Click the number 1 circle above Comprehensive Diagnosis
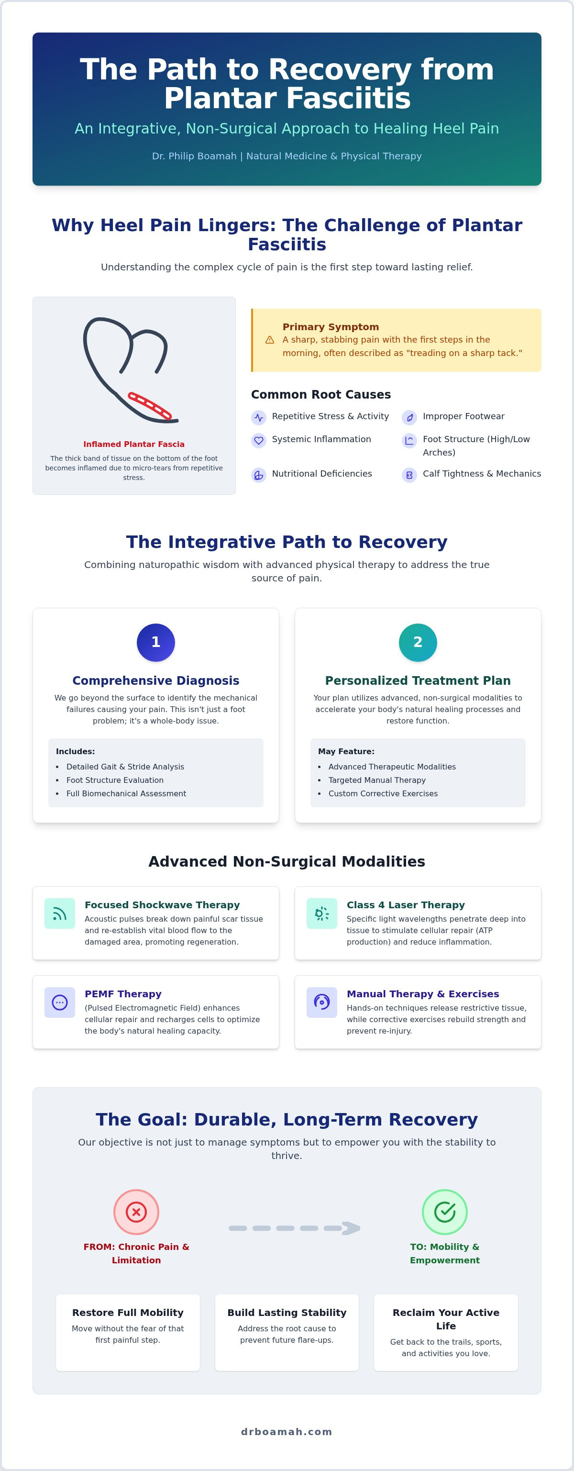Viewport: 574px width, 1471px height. [156, 642]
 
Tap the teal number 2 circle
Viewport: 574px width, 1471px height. [418, 642]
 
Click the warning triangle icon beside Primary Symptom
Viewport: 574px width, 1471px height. [270, 340]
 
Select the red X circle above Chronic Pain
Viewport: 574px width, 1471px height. [136, 1212]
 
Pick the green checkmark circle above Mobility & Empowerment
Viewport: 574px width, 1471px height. [444, 1212]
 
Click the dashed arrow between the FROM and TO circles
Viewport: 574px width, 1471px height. [295, 1228]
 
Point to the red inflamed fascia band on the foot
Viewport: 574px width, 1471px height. [150, 405]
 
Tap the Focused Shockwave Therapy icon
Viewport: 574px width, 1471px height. [60, 913]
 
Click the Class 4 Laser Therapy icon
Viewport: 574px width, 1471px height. [322, 913]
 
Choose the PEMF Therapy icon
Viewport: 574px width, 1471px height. [60, 1002]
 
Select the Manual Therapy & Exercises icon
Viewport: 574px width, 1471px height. [322, 1002]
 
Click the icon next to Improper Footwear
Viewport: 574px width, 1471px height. [409, 417]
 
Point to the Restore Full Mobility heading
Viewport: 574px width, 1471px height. [128, 1312]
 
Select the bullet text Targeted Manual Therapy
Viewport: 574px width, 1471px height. [377, 780]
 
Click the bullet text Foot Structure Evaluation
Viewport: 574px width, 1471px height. [115, 780]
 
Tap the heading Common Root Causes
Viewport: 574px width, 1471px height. [320, 395]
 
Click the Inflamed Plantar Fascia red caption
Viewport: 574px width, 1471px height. [134, 444]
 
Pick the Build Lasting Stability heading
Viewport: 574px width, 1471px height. [287, 1312]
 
